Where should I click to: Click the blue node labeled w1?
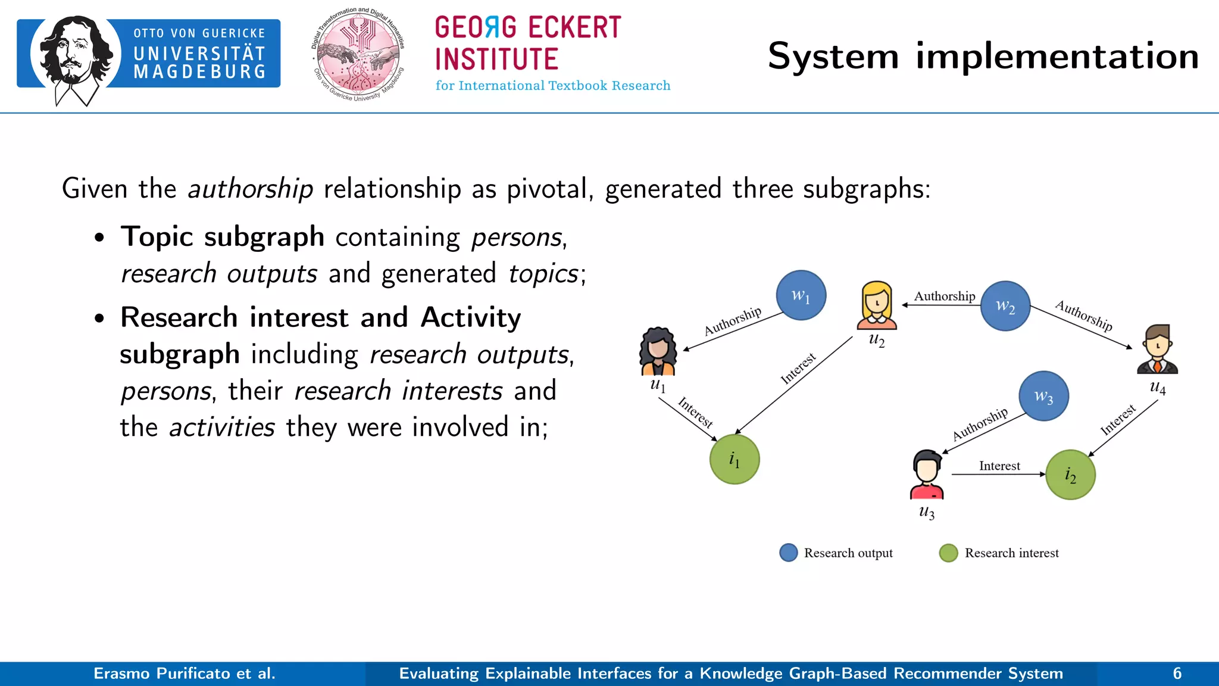click(801, 295)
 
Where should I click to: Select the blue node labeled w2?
click(1005, 306)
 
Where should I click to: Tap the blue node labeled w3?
click(1043, 396)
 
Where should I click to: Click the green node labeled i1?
click(734, 459)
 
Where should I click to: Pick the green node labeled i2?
click(1070, 475)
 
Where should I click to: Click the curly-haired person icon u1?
click(658, 351)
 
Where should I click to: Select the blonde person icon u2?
click(877, 305)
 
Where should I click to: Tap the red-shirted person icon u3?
click(927, 475)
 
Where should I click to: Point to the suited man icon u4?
click(1157, 350)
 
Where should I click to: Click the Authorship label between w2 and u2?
click(944, 296)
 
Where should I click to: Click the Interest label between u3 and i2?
click(999, 466)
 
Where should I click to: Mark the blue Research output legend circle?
click(789, 553)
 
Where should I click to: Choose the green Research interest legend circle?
click(948, 553)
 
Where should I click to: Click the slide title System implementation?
click(983, 57)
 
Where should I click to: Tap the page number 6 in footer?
click(1177, 673)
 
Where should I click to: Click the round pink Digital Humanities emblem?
click(358, 55)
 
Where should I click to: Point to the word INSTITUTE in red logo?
click(496, 59)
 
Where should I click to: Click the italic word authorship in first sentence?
click(250, 189)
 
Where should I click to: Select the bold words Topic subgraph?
click(222, 236)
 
